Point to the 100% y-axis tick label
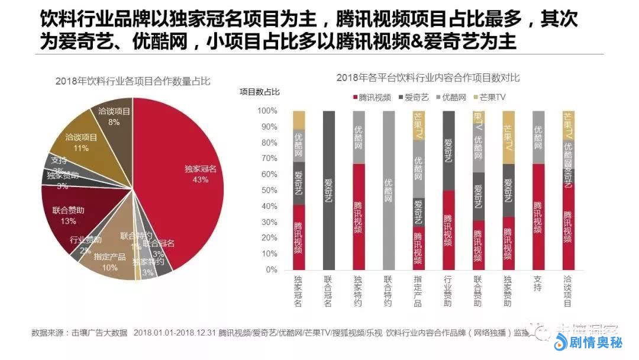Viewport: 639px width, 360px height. tap(266, 111)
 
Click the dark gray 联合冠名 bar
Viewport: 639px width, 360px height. tap(329, 190)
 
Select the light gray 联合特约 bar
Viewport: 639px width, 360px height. tap(389, 190)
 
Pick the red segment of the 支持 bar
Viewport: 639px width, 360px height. tap(538, 216)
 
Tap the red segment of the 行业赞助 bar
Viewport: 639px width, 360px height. tap(448, 230)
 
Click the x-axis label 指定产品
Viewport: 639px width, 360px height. tap(418, 291)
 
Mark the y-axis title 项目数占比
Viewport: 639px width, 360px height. tap(260, 91)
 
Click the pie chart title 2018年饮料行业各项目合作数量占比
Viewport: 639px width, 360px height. tap(133, 81)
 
